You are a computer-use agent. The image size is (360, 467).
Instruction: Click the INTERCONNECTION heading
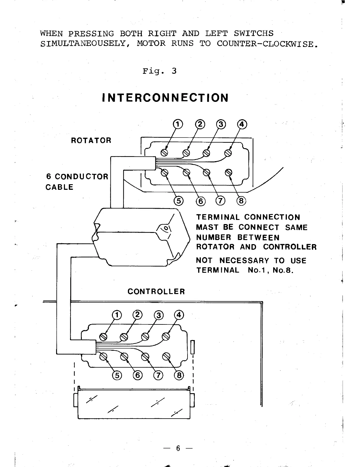165,98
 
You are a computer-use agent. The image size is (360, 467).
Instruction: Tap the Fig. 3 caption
159,71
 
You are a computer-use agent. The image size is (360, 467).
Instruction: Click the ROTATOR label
91,140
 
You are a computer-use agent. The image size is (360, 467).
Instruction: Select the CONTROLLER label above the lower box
156,292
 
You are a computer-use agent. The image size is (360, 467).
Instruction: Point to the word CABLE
59,187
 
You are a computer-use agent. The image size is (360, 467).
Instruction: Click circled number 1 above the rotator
178,124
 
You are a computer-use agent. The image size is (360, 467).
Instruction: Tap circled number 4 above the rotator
242,124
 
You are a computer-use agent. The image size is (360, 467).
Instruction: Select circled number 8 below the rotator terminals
241,201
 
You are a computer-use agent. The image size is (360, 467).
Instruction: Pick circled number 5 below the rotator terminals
179,201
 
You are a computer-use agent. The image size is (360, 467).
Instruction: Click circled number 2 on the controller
137,315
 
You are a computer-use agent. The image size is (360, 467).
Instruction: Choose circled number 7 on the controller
158,375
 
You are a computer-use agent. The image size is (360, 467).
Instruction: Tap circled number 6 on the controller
138,375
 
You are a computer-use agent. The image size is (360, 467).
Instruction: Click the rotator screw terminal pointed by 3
207,153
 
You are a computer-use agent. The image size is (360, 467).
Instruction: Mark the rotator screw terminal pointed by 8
228,172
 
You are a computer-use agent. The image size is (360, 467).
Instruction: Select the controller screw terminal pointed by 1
103,337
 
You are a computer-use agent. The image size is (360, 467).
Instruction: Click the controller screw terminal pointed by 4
166,336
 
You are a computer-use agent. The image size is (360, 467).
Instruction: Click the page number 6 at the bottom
178,448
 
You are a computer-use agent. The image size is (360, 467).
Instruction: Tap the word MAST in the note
206,228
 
